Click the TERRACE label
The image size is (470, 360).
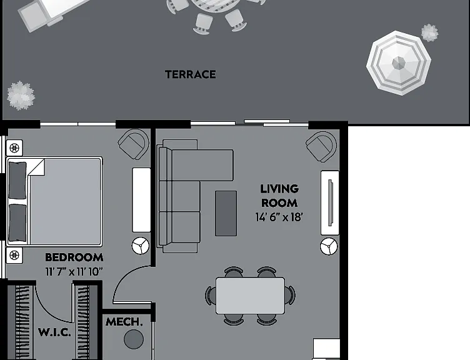[191, 74]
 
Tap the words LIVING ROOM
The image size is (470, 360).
[279, 196]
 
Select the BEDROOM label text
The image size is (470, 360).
[74, 257]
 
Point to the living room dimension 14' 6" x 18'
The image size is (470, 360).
[279, 217]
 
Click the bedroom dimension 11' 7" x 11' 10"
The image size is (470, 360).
[74, 272]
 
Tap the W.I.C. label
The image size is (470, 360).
[54, 332]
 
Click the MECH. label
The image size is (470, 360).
[124, 322]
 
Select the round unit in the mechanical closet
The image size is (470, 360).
[134, 339]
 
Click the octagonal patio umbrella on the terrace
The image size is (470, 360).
[399, 63]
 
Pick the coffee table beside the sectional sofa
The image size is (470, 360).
[226, 213]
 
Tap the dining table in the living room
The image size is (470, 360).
[250, 296]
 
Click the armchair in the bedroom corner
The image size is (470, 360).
[134, 144]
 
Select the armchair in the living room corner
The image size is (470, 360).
[321, 147]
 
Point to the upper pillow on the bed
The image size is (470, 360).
[17, 180]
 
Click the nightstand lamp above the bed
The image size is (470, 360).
[14, 147]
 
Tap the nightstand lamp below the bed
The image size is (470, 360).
[14, 256]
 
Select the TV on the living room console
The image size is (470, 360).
[331, 202]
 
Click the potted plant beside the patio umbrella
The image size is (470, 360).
[429, 32]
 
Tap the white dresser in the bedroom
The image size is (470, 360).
[141, 200]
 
